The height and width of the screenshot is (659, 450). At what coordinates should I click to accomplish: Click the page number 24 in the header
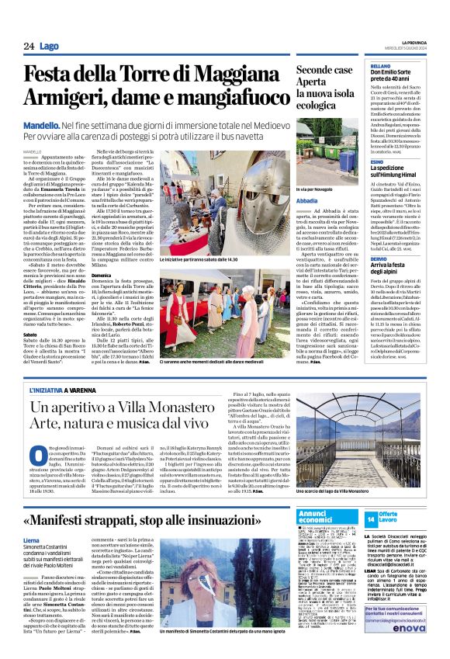tap(28, 46)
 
